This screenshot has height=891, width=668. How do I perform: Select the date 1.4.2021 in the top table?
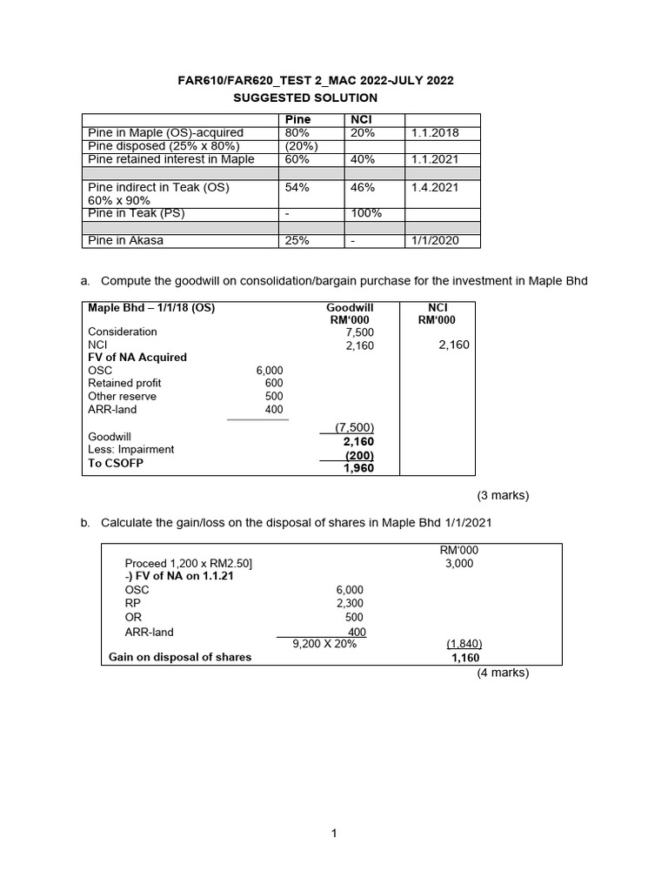coord(434,187)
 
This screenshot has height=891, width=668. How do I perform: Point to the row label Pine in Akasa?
coord(125,241)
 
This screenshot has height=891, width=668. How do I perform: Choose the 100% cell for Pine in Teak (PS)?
coord(364,214)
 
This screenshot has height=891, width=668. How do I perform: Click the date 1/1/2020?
coord(435,241)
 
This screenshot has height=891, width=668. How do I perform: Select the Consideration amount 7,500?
coord(359,332)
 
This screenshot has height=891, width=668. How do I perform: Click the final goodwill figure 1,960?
coord(358,468)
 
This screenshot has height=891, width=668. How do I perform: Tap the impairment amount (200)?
coord(359,455)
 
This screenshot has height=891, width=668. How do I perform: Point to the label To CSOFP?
coord(116,463)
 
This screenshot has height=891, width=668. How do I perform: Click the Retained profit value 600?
coord(273,383)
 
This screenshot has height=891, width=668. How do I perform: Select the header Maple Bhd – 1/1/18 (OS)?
coord(151,307)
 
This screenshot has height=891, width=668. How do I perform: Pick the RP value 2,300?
coord(350,603)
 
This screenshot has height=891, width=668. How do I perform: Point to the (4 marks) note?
coord(502,673)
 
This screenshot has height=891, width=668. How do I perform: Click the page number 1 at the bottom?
coord(334,834)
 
